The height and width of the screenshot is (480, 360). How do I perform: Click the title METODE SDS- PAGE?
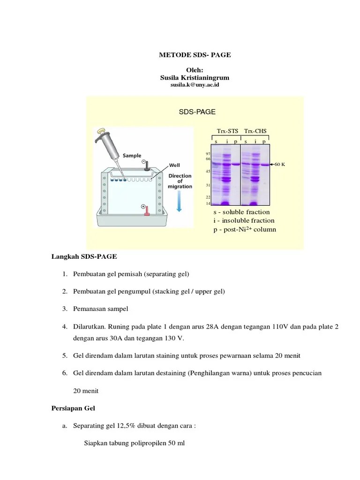click(195, 55)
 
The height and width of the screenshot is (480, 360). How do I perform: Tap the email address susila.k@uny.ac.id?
click(195, 85)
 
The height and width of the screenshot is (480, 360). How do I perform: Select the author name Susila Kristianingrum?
click(195, 77)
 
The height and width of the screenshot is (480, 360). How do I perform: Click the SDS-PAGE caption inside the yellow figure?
click(197, 112)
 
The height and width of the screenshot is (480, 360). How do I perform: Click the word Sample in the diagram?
click(132, 155)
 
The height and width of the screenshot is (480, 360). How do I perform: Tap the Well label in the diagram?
click(175, 165)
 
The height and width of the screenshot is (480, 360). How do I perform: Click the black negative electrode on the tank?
click(146, 165)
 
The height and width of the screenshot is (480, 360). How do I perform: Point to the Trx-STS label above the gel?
click(227, 131)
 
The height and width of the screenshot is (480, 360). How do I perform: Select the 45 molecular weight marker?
click(208, 171)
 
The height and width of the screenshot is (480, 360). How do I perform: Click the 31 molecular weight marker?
click(208, 185)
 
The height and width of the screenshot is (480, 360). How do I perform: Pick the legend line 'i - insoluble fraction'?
click(244, 220)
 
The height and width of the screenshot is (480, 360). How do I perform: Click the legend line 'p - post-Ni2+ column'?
click(245, 229)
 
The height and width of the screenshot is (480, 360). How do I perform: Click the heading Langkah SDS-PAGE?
click(84, 257)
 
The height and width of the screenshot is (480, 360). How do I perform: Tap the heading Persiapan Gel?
click(73, 408)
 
